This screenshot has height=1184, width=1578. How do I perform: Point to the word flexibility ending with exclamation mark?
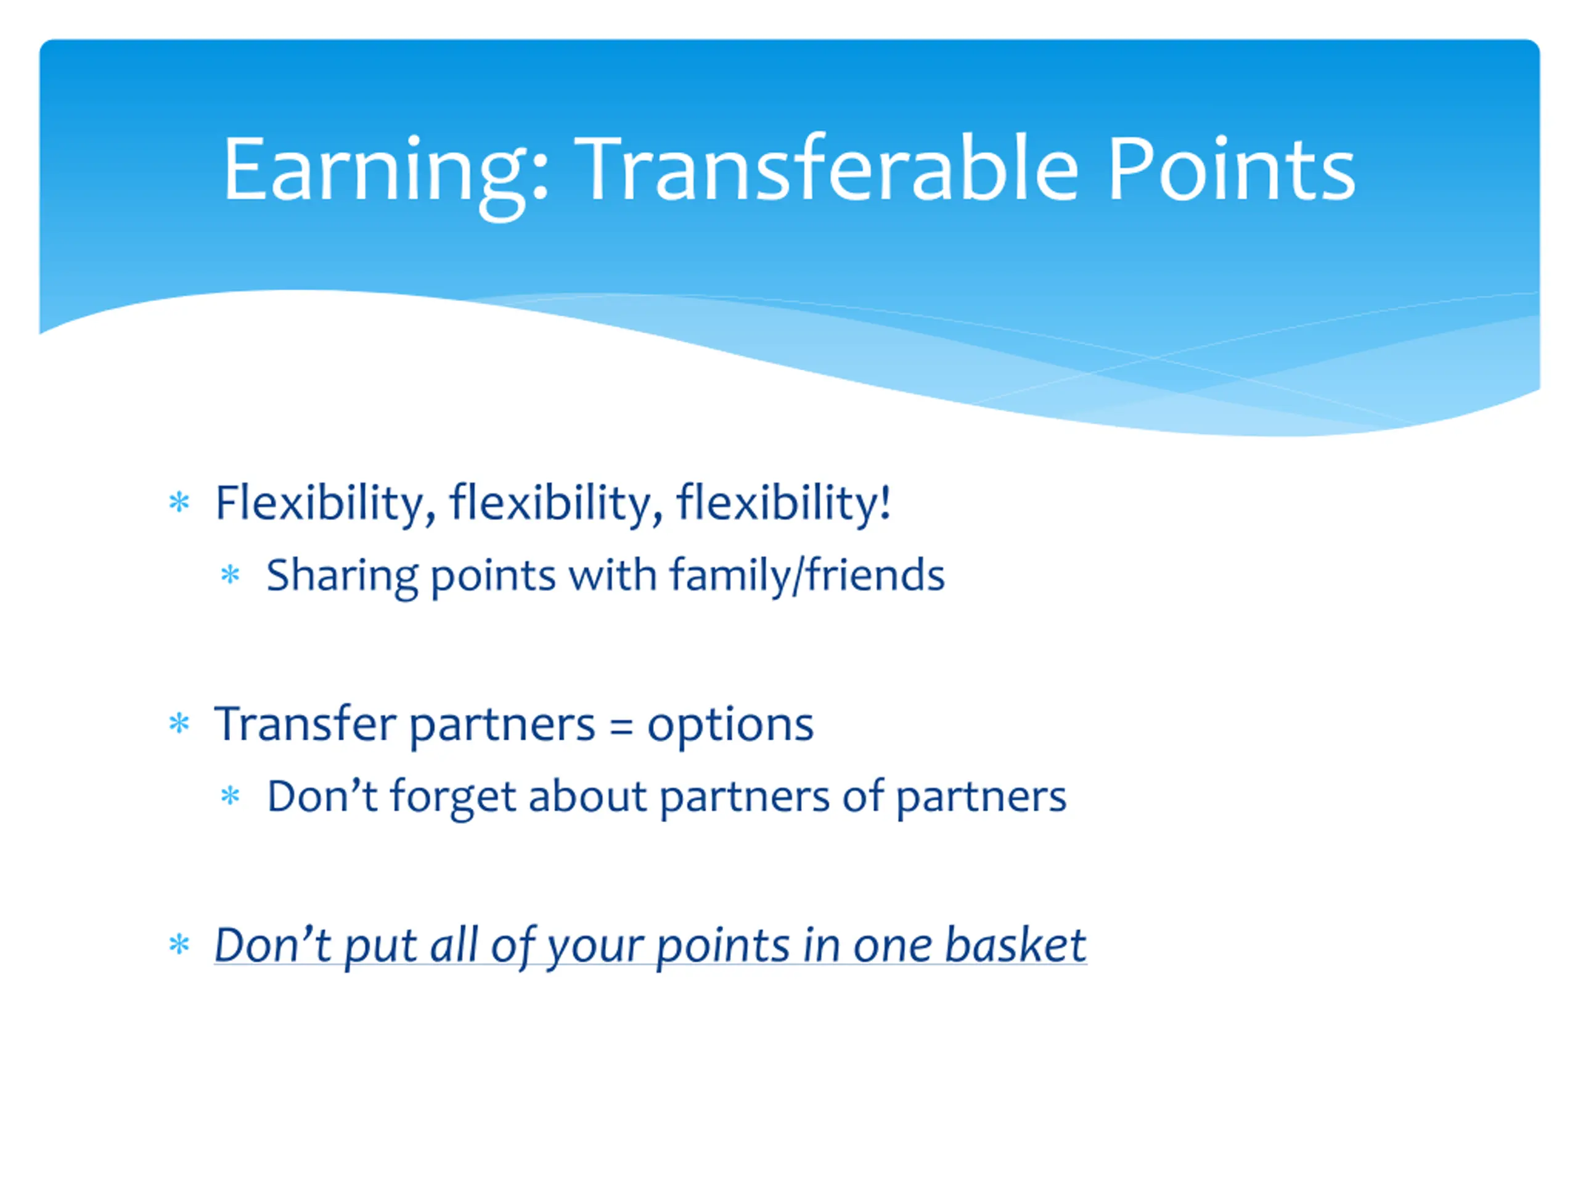(783, 504)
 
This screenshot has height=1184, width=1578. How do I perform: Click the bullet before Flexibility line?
(179, 503)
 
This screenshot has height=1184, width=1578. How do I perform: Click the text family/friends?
(807, 575)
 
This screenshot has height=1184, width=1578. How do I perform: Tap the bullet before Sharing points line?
(230, 575)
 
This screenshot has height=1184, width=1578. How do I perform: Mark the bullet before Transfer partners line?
(179, 724)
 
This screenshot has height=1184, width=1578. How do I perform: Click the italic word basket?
(1015, 945)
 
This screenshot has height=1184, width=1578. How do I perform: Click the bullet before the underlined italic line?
(179, 945)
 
